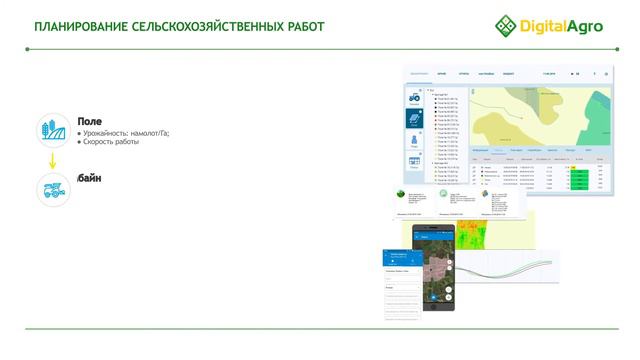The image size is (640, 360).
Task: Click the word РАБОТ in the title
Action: point(301,26)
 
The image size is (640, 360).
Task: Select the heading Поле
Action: point(89,121)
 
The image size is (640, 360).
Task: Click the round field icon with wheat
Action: point(52,130)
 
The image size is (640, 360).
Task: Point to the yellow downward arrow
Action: point(52,162)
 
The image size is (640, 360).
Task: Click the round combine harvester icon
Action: point(52,190)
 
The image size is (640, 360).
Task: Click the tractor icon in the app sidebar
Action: point(414,97)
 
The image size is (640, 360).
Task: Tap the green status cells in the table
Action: point(578,174)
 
